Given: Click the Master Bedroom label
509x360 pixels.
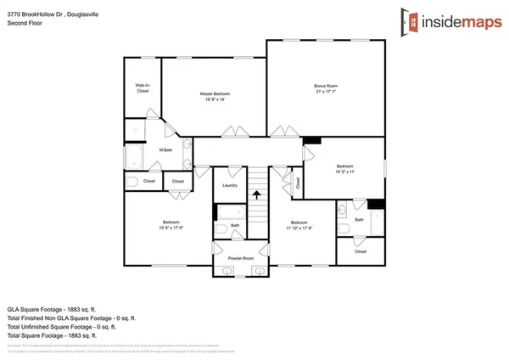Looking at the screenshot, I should (215, 93).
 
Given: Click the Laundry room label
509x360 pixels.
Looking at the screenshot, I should (229, 185).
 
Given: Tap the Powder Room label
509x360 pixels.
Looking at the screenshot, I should (242, 258).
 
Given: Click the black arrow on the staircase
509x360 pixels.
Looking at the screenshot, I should (257, 194).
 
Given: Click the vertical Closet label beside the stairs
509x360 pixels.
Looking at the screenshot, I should (299, 182).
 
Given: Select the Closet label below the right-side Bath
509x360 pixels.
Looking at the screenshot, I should (361, 251).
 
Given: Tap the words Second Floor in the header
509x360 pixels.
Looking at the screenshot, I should (25, 23).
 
